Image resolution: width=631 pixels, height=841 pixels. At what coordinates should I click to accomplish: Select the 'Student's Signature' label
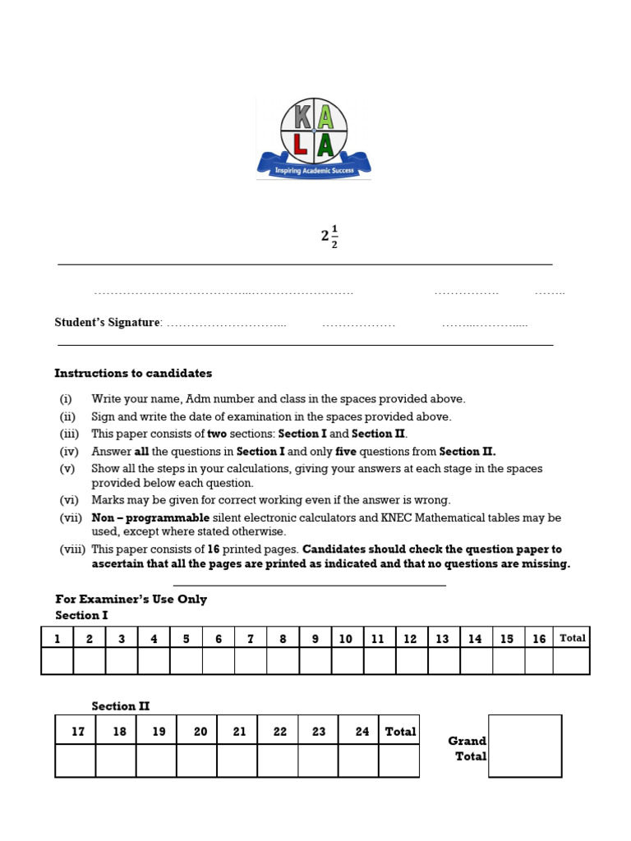click(108, 323)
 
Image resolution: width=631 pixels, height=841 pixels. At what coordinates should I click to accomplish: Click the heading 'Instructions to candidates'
click(133, 373)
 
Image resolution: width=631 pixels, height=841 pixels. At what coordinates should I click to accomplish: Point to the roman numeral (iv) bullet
click(67, 451)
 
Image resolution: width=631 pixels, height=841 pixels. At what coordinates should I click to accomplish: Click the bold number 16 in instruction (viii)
click(216, 549)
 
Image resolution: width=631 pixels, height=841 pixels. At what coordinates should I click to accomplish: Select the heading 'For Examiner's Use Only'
click(131, 599)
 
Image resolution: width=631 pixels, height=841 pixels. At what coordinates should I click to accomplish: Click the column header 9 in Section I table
click(315, 638)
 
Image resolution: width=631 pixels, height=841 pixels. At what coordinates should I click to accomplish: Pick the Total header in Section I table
click(572, 638)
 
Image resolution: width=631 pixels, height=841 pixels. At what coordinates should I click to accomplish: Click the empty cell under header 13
click(443, 660)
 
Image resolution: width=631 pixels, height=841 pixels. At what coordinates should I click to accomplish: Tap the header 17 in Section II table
click(78, 731)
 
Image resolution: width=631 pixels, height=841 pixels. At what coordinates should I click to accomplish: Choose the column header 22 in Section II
click(279, 731)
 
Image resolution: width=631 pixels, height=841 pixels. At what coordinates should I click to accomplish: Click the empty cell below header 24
click(359, 761)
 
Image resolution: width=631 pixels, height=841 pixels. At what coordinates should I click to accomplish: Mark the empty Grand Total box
click(525, 746)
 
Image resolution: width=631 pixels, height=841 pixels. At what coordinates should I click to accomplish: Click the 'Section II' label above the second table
click(120, 705)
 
